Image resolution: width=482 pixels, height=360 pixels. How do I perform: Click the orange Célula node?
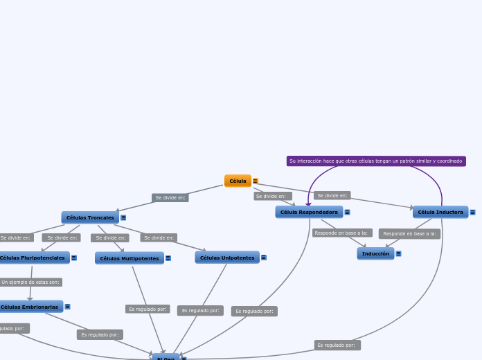point(238,181)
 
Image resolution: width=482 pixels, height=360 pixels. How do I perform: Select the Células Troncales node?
point(90,217)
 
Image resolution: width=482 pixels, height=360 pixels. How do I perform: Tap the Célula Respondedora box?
point(309,212)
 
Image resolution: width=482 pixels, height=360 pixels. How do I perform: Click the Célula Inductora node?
point(440,212)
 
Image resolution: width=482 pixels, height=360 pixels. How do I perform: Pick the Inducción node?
point(375,253)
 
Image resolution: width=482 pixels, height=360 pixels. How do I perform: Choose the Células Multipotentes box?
point(130,258)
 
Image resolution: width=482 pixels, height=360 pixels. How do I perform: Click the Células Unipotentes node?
point(227,258)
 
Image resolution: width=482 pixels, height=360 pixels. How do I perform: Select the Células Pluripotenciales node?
point(33,258)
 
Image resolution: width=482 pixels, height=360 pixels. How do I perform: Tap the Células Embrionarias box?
point(30,307)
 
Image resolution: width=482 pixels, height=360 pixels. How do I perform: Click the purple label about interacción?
point(376,161)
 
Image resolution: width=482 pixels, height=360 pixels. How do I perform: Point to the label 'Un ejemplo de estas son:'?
point(30,282)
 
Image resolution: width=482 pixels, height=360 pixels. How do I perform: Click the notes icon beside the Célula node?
point(256,181)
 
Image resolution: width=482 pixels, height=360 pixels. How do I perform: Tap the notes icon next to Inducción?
point(399,254)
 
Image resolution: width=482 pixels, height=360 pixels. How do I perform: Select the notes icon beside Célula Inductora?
point(473,213)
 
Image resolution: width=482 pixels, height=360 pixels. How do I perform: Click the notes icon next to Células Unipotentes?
point(264,258)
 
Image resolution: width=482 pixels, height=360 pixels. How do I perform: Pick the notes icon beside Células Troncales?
point(123,217)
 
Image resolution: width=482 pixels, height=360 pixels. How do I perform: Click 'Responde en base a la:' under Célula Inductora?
point(409,234)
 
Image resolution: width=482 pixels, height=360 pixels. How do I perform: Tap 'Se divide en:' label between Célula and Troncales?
point(170,197)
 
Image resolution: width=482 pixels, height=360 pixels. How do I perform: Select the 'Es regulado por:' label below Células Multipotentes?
point(148,309)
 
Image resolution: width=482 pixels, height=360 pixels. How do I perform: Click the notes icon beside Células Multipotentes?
point(168,258)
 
